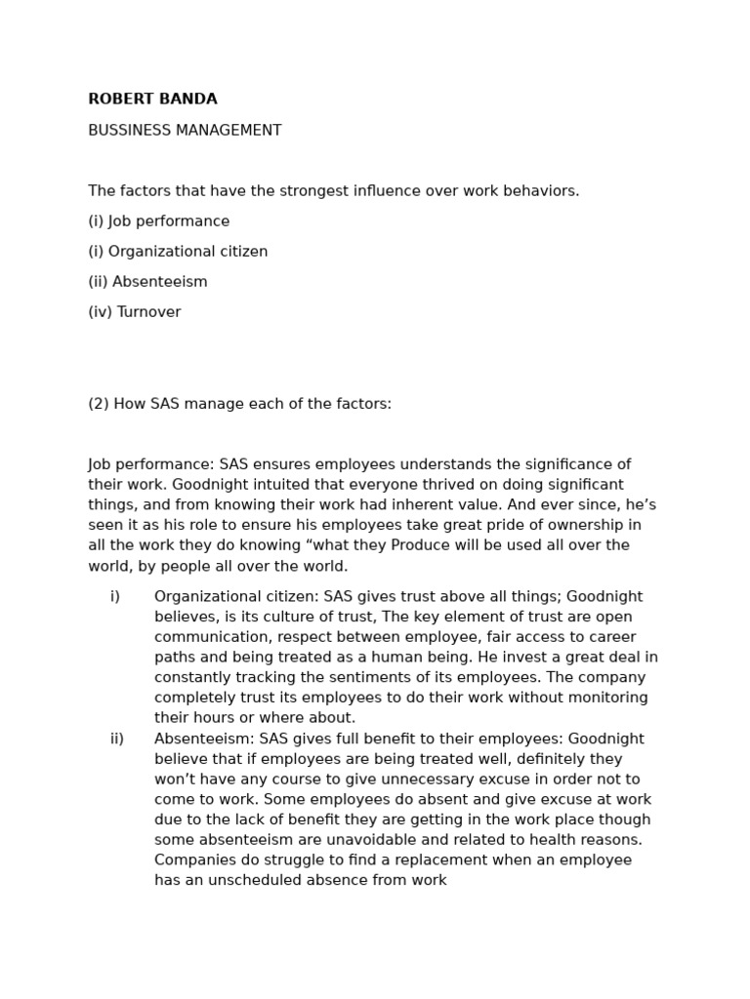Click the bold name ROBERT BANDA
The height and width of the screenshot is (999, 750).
point(152,100)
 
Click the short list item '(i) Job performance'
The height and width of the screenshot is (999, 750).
point(158,221)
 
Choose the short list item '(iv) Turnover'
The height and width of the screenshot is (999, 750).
point(134,312)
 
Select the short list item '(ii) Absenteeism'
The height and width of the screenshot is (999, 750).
point(147,282)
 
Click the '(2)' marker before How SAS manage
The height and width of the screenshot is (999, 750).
point(99,404)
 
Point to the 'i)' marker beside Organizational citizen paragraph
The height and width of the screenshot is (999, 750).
point(115,597)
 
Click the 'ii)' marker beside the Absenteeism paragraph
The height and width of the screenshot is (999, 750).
point(117,739)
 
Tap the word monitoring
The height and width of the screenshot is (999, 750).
point(607,699)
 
